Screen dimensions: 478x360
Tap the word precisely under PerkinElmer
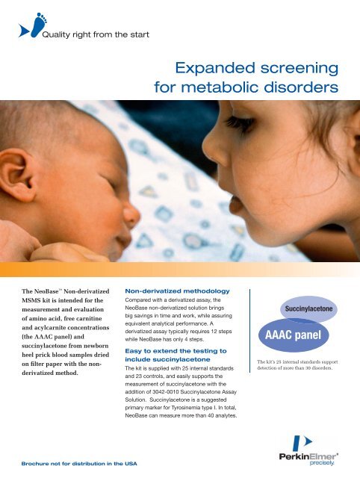(336, 462)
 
